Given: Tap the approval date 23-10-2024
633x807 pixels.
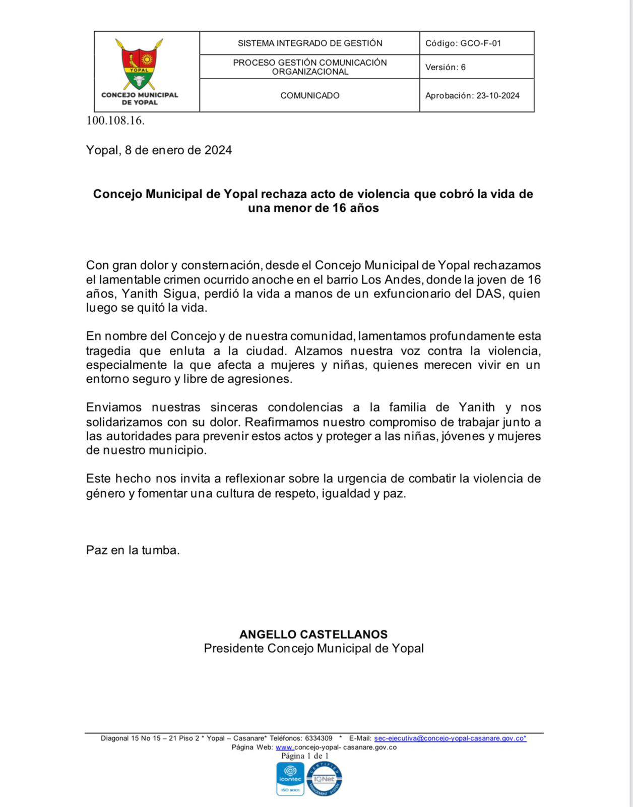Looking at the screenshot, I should (497, 96).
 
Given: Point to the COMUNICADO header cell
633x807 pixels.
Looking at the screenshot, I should (309, 96).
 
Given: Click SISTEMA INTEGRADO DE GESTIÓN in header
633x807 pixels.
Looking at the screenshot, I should (309, 43).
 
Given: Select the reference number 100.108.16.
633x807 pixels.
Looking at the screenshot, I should (115, 121).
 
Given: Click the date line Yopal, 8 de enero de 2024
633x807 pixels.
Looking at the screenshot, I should (159, 150).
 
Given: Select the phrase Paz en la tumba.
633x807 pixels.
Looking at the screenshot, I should (133, 550).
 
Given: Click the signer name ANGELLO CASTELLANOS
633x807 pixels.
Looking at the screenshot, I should (313, 635).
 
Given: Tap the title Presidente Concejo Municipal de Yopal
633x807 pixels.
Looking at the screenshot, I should (313, 649).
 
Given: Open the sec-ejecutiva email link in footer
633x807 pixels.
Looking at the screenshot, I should (450, 738).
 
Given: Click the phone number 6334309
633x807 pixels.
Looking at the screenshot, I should (319, 738).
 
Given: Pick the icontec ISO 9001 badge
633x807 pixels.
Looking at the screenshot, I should (290, 779).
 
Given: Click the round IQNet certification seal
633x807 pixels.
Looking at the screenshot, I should (324, 779).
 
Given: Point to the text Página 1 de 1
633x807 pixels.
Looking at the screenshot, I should (304, 756).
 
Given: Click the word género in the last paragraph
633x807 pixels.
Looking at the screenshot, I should (105, 494).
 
